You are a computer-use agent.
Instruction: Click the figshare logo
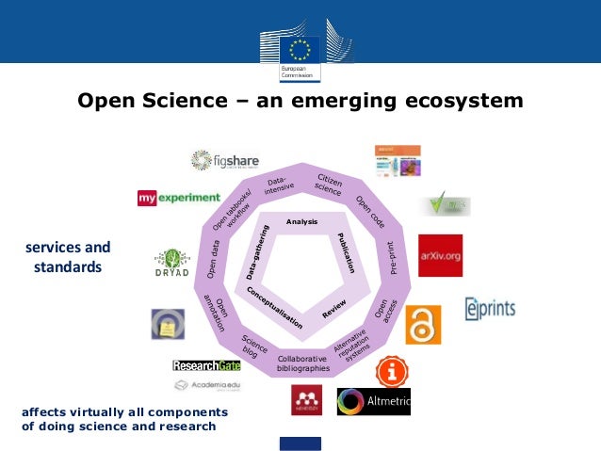pos(224,161)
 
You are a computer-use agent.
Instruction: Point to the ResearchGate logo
pos(206,365)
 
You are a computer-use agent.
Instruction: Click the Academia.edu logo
pos(206,385)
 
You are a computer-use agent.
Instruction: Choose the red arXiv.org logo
pos(440,255)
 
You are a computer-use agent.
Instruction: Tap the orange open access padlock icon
pos(423,325)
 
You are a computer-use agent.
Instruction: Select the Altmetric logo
pos(374,401)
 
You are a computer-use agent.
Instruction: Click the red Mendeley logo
pos(306,399)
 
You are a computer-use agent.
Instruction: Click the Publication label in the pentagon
pos(343,249)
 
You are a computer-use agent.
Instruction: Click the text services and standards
pos(67,257)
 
